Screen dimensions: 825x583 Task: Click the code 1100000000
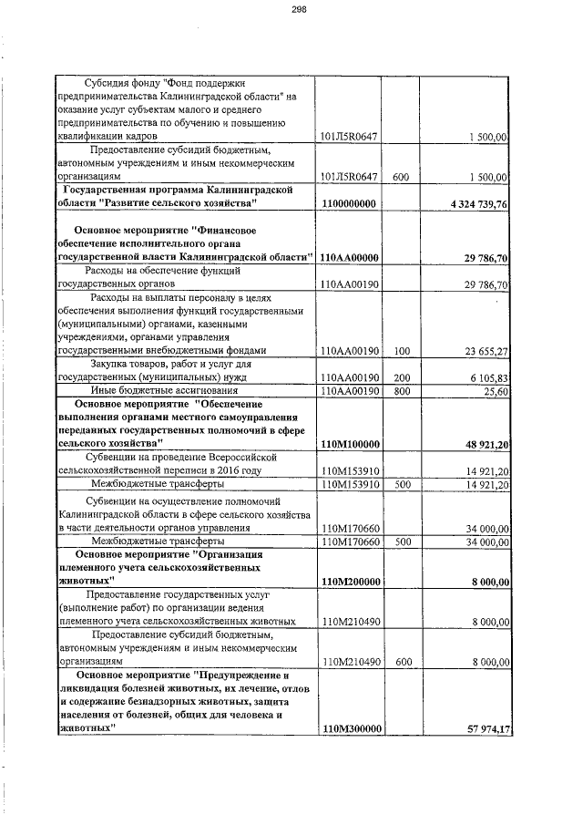(x=349, y=203)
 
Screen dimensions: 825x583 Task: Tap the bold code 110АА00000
(x=350, y=258)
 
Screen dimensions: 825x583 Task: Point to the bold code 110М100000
(x=350, y=444)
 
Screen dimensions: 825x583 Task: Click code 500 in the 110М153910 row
(x=400, y=484)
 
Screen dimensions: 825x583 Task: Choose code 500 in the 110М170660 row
(x=400, y=541)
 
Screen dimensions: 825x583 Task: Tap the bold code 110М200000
(x=350, y=582)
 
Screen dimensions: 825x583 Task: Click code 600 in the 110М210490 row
(x=400, y=662)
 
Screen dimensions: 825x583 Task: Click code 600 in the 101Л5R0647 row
(x=400, y=176)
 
